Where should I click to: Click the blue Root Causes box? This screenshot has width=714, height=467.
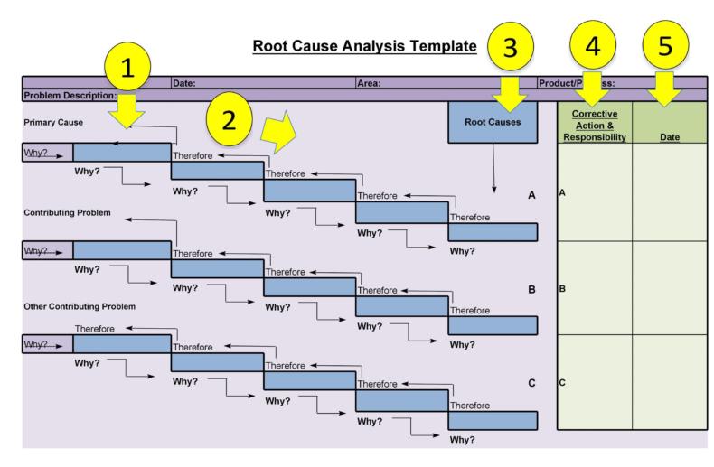493,122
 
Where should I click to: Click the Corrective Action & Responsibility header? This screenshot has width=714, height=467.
594,126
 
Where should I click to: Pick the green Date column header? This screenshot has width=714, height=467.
671,137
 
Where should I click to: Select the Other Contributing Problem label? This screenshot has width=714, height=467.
80,306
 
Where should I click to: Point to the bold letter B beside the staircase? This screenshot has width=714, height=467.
532,289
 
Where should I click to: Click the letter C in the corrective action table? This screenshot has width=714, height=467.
563,383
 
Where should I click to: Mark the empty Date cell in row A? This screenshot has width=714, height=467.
671,192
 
